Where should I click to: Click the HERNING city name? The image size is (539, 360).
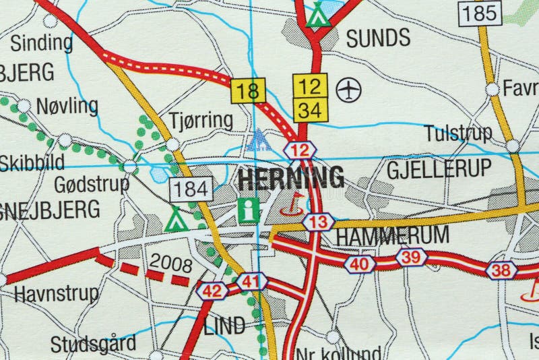point(291,178)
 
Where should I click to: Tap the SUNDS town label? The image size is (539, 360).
point(378,38)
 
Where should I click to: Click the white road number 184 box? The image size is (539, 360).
point(191,189)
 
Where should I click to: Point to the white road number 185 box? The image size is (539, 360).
point(480,11)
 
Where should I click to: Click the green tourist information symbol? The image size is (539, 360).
point(249,210)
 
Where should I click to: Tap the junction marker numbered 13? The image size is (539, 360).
point(319,221)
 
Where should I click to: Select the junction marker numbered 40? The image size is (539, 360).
point(360,264)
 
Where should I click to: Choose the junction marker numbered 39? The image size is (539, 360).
point(411,257)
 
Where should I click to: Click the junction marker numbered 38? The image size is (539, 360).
point(501,270)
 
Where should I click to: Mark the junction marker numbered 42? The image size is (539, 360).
point(212,291)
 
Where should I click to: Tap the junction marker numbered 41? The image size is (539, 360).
point(251,281)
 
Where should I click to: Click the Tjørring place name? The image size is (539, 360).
point(201,121)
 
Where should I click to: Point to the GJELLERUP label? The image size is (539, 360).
point(439,169)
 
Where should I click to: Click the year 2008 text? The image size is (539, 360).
point(170,262)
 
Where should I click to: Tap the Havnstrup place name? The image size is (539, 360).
point(55,294)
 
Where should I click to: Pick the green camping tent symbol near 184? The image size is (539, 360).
point(176,219)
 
